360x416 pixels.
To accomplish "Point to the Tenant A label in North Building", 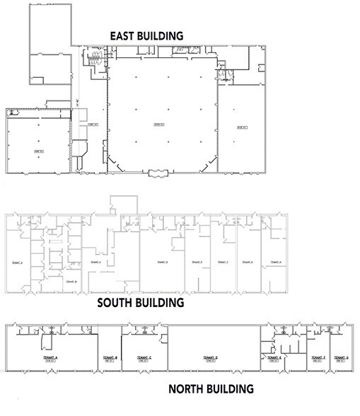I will pos(52,359).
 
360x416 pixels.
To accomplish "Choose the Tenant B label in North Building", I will pos(110,359).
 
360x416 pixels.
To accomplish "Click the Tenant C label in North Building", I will pos(144,359).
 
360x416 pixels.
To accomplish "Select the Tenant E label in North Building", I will pos(275,359).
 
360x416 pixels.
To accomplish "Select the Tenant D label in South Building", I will pos(162,262).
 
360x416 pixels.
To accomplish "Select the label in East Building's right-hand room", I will pos(242,127).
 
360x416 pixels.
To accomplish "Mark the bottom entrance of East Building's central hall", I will pos(158,172).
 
